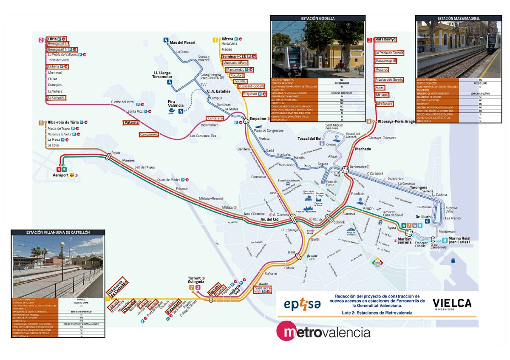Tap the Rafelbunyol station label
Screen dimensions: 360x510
pyautogui.click(x=385, y=40)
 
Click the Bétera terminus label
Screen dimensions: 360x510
pyautogui.click(x=227, y=39)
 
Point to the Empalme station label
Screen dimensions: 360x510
pyautogui.click(x=257, y=119)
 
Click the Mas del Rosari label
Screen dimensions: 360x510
pyautogui.click(x=182, y=43)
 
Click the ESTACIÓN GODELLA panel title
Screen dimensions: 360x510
pyautogui.click(x=317, y=19)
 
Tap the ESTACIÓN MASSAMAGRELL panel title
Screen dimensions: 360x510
pyautogui.click(x=458, y=19)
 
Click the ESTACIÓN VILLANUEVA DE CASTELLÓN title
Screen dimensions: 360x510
pyautogui.click(x=58, y=233)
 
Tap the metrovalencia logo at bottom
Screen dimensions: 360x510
pyautogui.click(x=323, y=332)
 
